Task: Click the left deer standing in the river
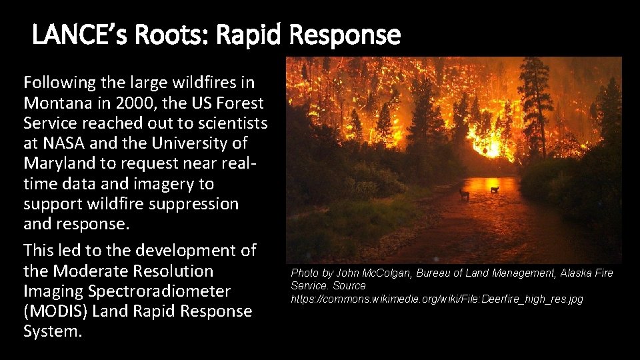tap(465, 193)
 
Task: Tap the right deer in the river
tap(495, 189)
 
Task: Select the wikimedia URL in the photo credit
tap(437, 299)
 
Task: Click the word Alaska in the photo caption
tap(579, 273)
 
